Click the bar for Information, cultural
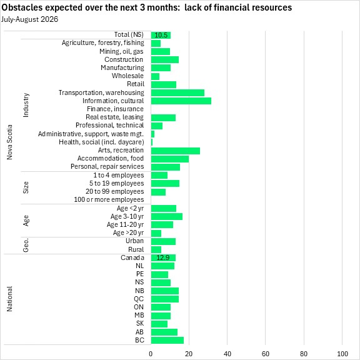point(181,101)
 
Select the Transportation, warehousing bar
point(177,92)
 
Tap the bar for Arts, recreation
point(176,151)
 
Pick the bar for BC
point(167,340)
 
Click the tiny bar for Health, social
point(152,142)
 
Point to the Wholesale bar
point(155,76)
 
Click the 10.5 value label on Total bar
point(161,35)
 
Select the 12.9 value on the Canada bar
point(163,257)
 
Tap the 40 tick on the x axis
point(227,354)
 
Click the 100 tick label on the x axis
point(342,354)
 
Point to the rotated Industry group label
point(26,105)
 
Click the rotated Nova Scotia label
point(9,142)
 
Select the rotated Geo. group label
point(26,245)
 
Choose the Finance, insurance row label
point(115,109)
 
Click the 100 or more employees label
point(109,199)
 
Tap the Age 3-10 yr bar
point(167,216)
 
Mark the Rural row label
point(136,249)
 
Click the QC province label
point(139,299)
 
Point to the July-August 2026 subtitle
point(29,19)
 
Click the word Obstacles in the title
point(22,7)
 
